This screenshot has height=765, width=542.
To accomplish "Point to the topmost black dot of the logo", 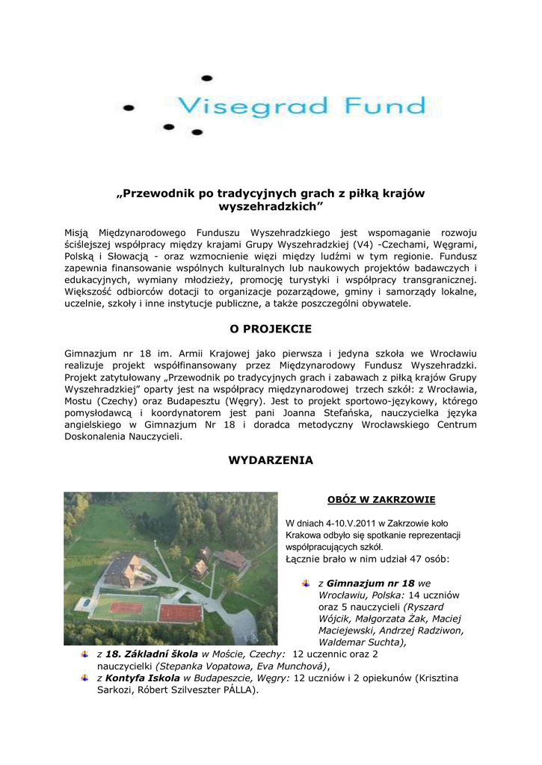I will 207,78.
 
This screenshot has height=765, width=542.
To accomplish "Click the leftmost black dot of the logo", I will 128,108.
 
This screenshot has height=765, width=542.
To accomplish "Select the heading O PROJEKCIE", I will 271,329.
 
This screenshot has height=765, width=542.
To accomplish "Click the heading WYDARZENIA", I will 271,460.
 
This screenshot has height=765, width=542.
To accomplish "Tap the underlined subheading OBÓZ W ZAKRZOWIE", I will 381,499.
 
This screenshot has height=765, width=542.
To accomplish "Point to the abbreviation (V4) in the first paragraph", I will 363,244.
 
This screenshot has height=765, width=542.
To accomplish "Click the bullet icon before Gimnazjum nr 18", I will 306,583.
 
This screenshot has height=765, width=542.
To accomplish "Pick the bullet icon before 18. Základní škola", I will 84,654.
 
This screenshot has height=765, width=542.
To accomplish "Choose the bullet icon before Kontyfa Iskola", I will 84,678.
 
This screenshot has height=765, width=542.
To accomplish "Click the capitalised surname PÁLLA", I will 236,690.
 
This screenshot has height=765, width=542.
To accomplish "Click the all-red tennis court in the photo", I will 180,613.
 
